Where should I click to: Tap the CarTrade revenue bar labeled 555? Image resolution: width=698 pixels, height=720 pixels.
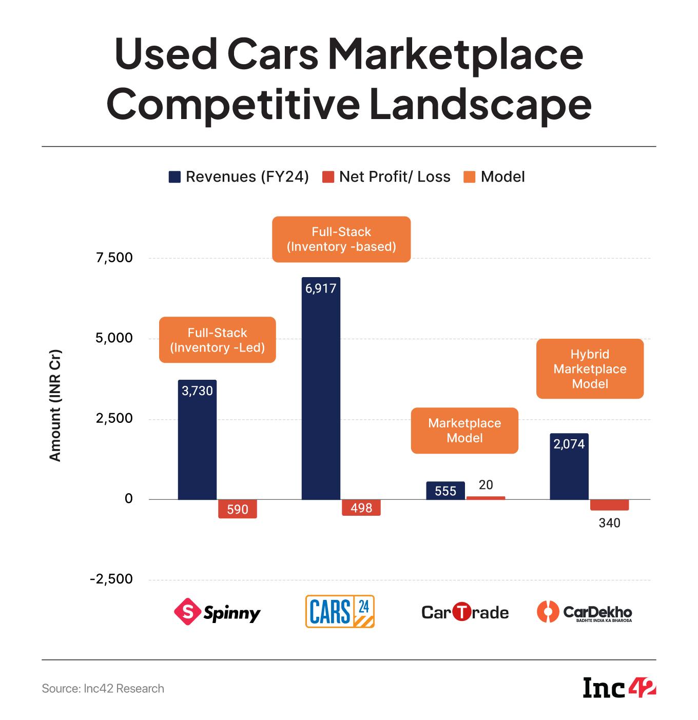[x=445, y=491]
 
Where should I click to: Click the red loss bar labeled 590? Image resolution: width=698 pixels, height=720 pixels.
[x=237, y=509]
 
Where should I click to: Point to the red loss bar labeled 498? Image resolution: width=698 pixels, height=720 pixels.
[x=361, y=508]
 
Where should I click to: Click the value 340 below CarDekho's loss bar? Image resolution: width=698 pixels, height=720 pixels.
[x=609, y=523]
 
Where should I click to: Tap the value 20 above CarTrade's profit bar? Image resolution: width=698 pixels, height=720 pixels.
[x=486, y=485]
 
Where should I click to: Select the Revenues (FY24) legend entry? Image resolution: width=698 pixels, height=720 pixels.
[x=239, y=177]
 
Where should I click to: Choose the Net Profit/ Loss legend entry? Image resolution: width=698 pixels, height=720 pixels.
[x=386, y=177]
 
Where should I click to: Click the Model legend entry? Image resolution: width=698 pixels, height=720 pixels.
[x=494, y=177]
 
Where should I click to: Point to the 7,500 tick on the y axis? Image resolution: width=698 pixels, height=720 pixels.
[x=114, y=258]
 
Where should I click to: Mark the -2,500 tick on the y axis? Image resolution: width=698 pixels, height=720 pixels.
[x=111, y=579]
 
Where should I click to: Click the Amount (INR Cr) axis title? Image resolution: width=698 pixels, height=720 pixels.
[x=55, y=405]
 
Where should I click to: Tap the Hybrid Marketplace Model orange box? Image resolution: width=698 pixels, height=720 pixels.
[x=590, y=369]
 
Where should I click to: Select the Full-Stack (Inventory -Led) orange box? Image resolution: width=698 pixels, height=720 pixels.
[x=217, y=340]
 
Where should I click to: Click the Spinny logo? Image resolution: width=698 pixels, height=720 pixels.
[x=217, y=612]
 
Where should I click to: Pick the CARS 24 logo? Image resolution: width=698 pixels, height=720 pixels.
[x=340, y=612]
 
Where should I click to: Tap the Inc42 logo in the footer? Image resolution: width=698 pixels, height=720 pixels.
[x=619, y=688]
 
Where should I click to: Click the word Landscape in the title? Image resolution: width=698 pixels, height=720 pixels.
[x=480, y=105]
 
